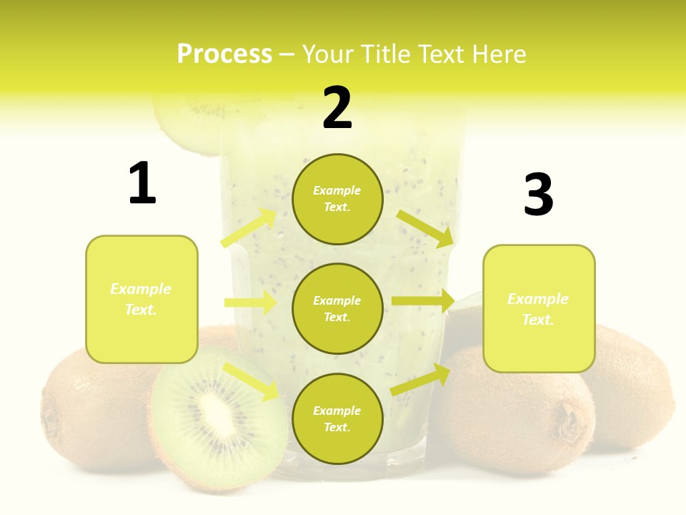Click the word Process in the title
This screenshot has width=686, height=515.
pos(224,54)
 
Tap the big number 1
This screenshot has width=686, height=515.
pos(142,184)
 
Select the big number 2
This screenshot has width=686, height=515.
pos(337,108)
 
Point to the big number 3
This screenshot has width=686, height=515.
pos(538,195)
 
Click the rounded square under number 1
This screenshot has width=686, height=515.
pos(141,299)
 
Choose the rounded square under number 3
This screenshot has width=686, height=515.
pos(539,308)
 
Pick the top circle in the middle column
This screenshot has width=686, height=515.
pos(337,199)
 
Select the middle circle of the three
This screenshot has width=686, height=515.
pos(337,308)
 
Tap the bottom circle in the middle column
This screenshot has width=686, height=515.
pos(337,418)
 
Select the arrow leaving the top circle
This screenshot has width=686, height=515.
pos(425,228)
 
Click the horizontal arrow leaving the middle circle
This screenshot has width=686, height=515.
pos(422,301)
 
